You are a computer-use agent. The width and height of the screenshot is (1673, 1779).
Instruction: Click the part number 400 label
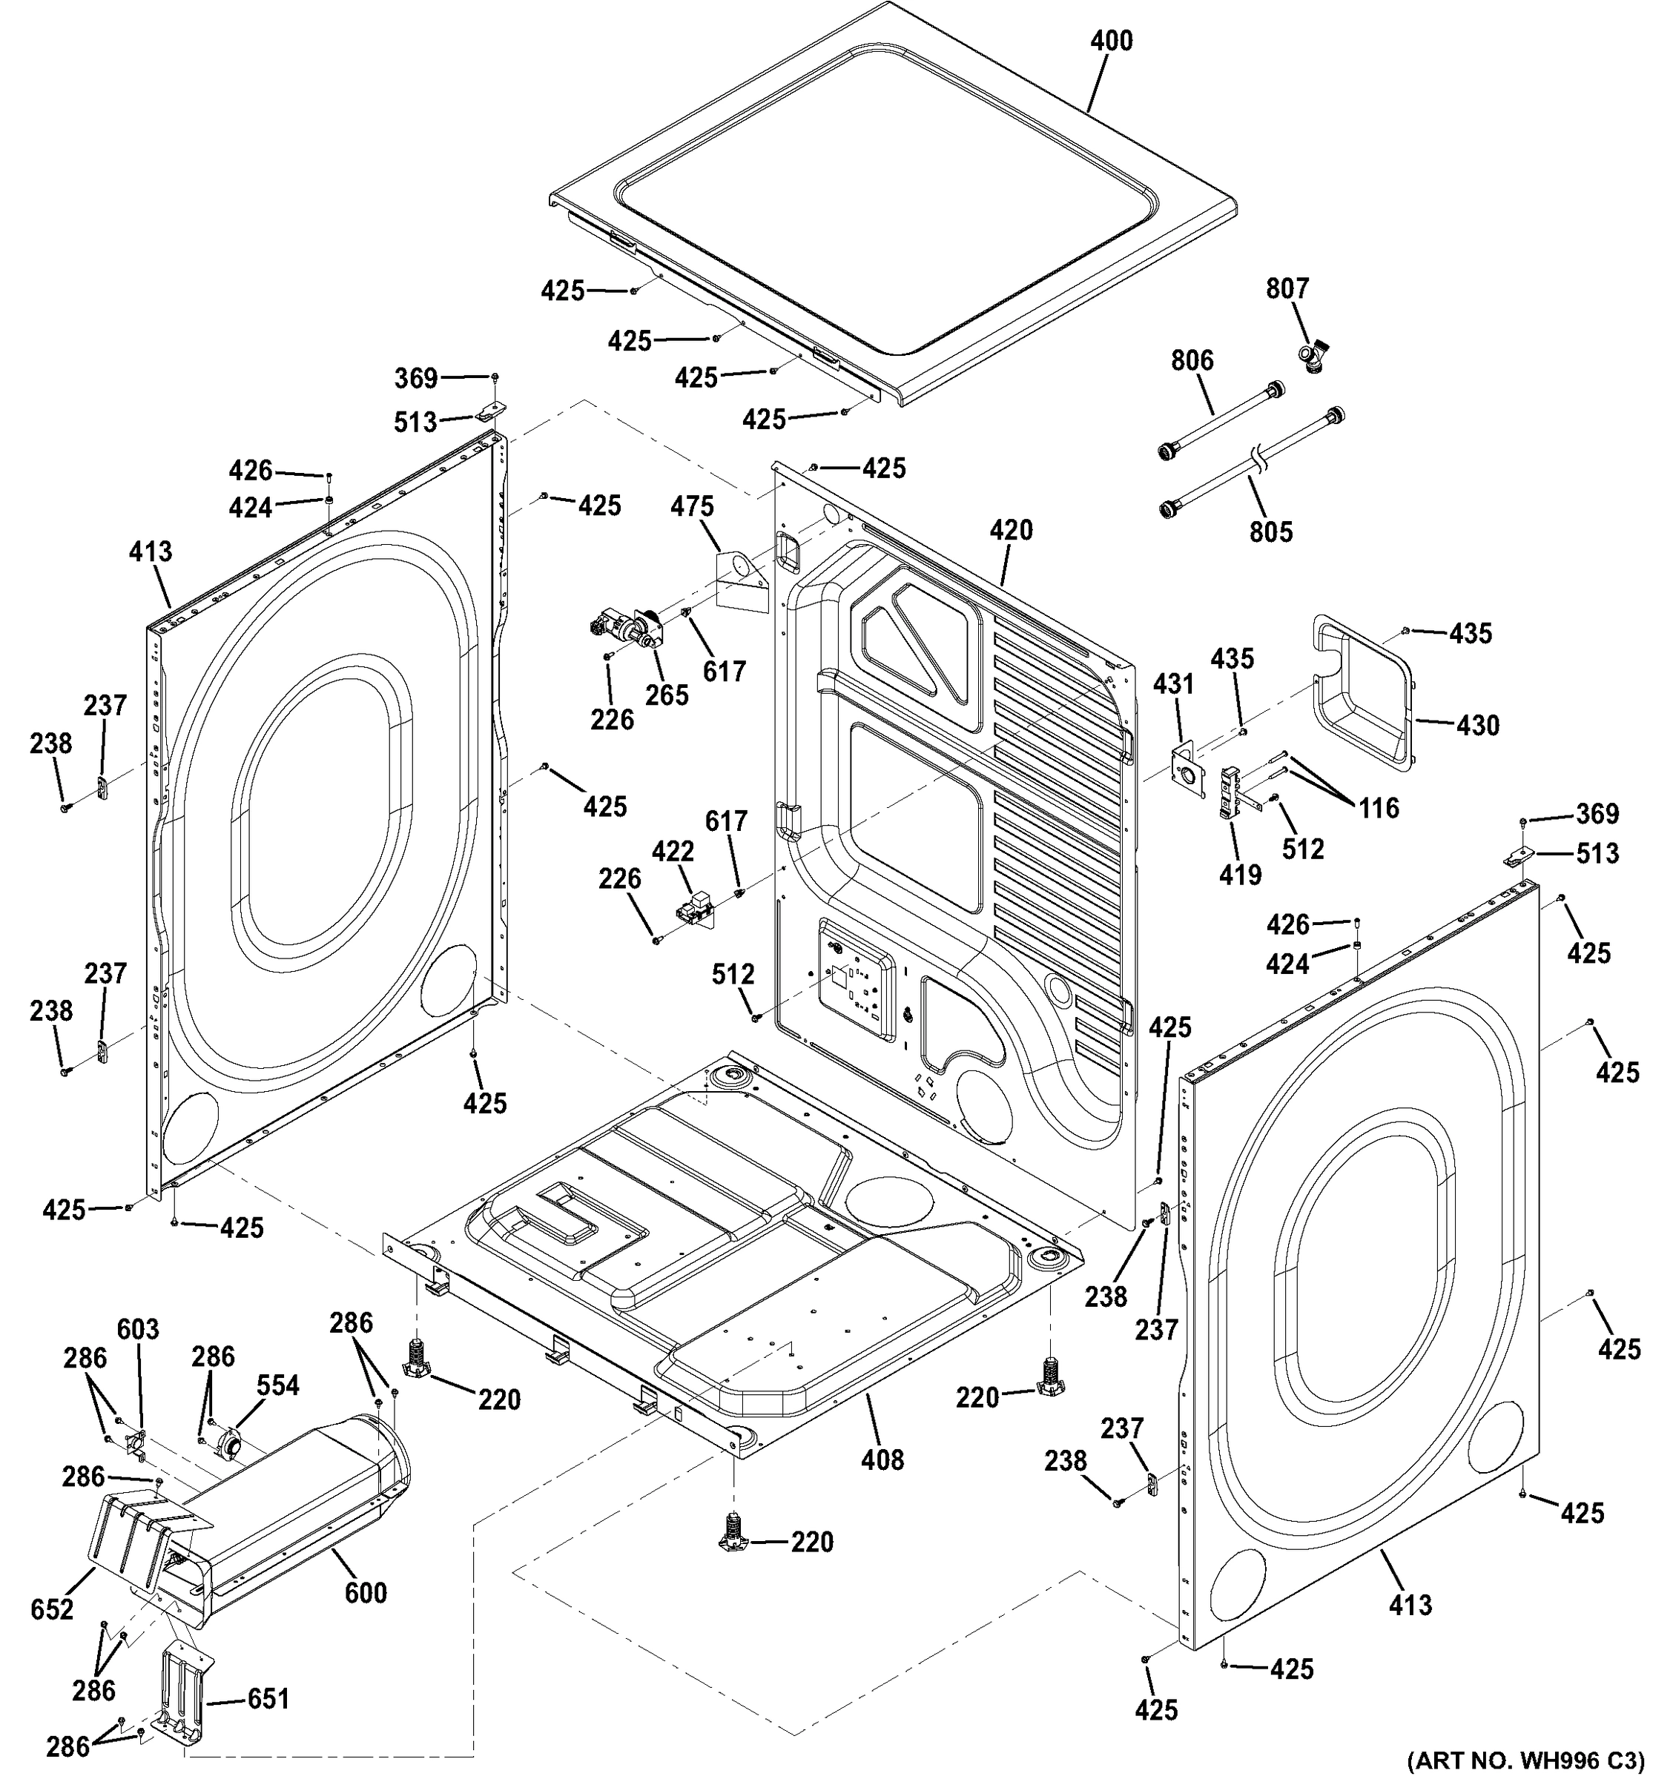pyautogui.click(x=1111, y=42)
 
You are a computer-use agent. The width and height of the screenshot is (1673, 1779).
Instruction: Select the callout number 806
pyautogui.click(x=1192, y=361)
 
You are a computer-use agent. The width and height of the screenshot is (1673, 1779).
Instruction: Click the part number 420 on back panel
pyautogui.click(x=1011, y=531)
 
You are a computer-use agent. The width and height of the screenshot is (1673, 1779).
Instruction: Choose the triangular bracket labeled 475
pyautogui.click(x=739, y=580)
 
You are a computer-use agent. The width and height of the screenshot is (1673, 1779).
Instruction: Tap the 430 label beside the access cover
pyautogui.click(x=1477, y=725)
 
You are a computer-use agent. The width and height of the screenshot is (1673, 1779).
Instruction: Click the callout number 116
pyautogui.click(x=1379, y=808)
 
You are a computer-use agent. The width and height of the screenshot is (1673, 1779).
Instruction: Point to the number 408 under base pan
pyautogui.click(x=882, y=1460)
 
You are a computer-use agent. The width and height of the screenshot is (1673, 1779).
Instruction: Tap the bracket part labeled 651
pyautogui.click(x=185, y=1706)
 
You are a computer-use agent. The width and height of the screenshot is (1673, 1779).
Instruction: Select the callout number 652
pyautogui.click(x=51, y=1610)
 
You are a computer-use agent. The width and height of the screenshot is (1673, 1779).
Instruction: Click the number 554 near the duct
pyautogui.click(x=277, y=1385)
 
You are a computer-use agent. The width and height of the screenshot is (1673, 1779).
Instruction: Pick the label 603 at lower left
pyautogui.click(x=138, y=1330)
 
